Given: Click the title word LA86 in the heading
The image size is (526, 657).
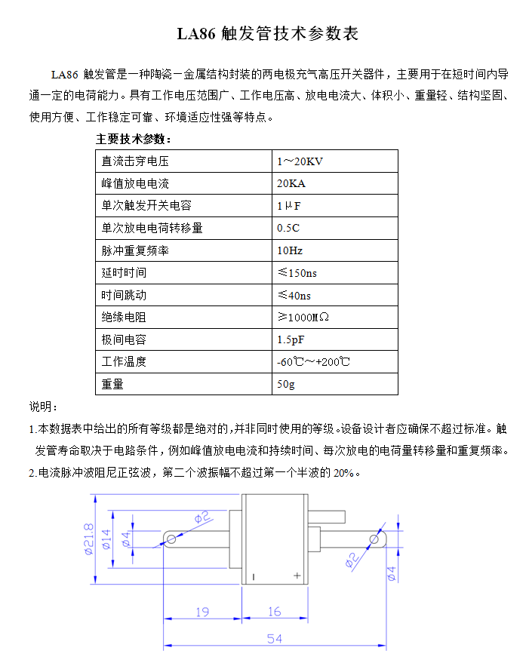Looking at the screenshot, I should pos(197,34).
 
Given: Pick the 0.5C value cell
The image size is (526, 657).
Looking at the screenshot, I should pos(288,228).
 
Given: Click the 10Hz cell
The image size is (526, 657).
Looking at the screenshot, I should pos(290,250).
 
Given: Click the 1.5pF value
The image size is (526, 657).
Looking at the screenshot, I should pos(291,339).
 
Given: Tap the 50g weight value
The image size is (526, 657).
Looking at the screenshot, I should pos(286,384).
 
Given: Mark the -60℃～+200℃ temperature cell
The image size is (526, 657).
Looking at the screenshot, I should pos(314,361).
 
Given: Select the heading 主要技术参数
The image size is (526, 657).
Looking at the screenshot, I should pos(134,140).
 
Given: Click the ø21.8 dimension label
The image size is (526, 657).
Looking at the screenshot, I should pos(88,539).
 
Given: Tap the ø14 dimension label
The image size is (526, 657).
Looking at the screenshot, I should pos(106,539).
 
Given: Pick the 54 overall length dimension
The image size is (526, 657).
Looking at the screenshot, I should pos(275,638).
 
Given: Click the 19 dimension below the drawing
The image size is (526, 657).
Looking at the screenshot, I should pos(202,612).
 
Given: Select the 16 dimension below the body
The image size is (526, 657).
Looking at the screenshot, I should pos(274,612).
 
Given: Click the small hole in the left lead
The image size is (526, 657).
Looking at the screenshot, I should pos(171,539).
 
